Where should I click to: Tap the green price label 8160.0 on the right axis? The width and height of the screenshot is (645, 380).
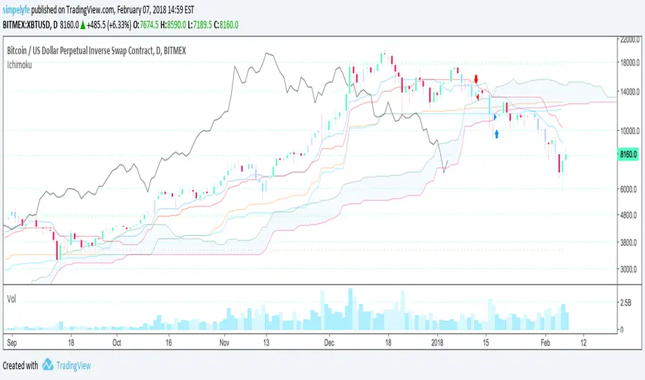[x=630, y=156]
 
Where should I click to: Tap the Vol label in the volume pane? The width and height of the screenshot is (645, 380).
[x=12, y=298]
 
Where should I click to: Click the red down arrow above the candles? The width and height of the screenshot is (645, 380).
[x=477, y=80]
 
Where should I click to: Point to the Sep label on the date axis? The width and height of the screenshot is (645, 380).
[x=12, y=342]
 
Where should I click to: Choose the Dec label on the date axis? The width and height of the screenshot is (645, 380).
[x=329, y=342]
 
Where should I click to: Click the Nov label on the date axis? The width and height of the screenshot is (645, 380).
[x=224, y=342]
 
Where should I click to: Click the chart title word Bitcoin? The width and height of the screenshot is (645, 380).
[x=21, y=50]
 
